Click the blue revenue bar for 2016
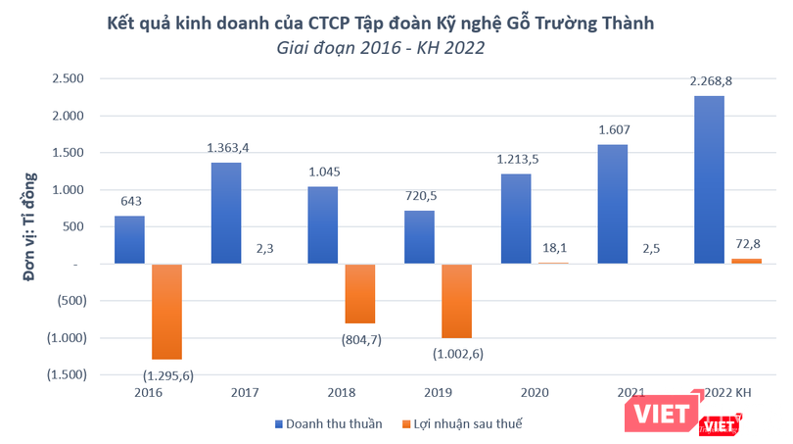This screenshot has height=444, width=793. (x=128, y=239)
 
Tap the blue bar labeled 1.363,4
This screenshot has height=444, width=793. (x=225, y=213)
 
